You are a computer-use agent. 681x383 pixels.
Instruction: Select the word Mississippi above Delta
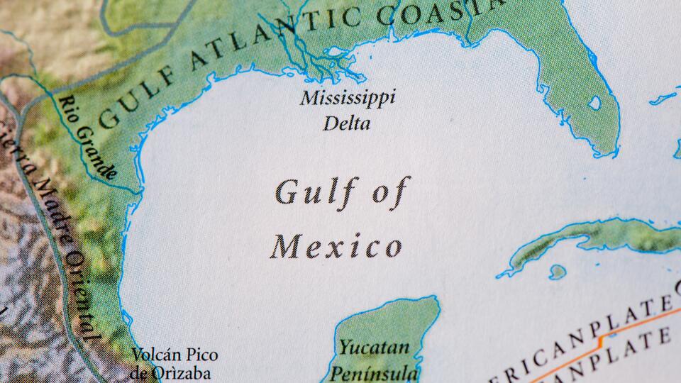tap(347, 99)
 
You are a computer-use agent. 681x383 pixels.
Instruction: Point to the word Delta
tap(347, 125)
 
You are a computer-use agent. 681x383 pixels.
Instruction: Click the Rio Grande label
tap(89, 139)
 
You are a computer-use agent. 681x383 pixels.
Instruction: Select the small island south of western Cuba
tap(558, 271)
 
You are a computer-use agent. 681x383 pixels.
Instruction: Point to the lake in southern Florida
tap(594, 103)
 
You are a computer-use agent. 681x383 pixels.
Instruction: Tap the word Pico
tap(203, 355)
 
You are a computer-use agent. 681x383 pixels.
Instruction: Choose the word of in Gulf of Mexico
tap(389, 191)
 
